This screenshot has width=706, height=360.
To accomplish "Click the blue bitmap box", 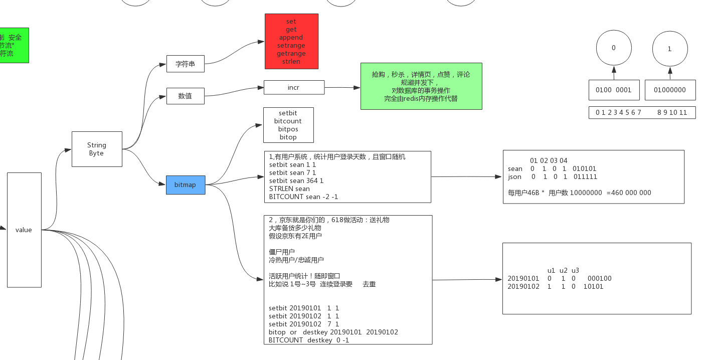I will coord(186,185).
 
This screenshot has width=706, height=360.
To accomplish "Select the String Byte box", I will coord(97,149).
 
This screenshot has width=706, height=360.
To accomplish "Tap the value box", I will coord(24,230).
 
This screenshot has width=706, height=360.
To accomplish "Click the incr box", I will coord(294,87).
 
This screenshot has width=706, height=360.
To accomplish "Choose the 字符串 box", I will coord(186,64).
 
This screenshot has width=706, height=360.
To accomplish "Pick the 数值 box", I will coord(185,96).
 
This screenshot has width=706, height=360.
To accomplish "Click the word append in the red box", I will coord(291,38).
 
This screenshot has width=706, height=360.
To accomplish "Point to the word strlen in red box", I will coord(291,61).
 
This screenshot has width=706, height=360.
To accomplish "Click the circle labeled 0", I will coord(614,48).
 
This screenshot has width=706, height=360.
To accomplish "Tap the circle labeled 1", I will coord(670,49).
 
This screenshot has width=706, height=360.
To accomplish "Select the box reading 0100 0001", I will coord(614,90).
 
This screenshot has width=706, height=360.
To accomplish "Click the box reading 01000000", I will coord(670,90).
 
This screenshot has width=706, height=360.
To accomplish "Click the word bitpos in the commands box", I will coord(288,129).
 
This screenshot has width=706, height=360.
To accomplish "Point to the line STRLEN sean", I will coord(289,189).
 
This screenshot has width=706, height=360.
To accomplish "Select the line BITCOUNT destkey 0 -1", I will coord(309,340).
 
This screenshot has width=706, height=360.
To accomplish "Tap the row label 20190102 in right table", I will coord(523,286).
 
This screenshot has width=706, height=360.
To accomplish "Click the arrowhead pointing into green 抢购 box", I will coord(357,87).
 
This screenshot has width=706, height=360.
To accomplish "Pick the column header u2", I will coord(563,270).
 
